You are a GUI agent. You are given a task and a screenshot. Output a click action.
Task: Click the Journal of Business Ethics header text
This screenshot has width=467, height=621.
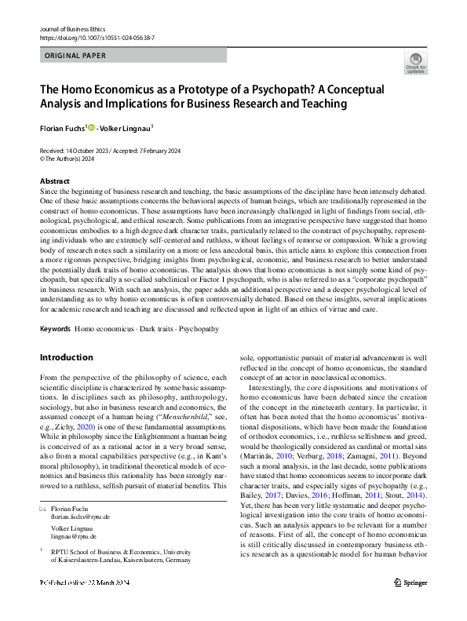pos(71,27)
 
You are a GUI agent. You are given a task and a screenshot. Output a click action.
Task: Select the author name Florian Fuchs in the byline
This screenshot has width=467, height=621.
pos(62,127)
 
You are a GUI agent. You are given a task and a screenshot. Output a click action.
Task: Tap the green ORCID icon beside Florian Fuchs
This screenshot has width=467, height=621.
pos(92,127)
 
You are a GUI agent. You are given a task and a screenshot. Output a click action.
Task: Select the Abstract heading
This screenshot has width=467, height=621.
pos(54,181)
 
